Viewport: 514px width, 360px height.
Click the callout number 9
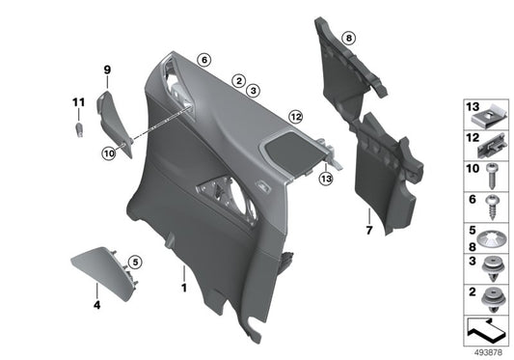[x=108, y=69]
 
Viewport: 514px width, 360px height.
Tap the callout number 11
[x=77, y=102]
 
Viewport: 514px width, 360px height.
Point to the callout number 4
[x=96, y=305]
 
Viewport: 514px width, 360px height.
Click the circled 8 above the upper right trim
[x=348, y=37]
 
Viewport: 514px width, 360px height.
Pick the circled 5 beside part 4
[x=136, y=262]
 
